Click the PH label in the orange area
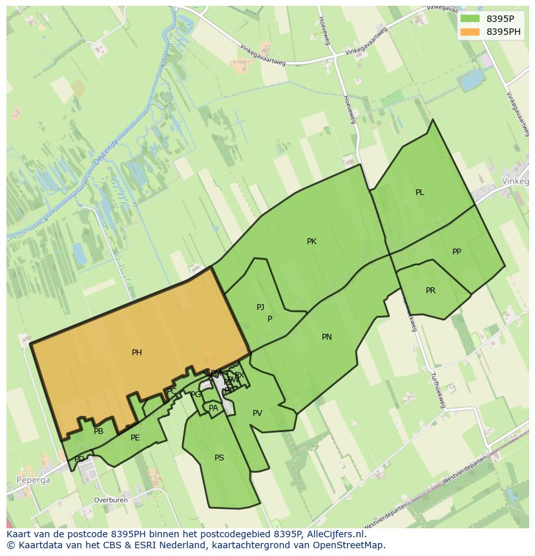(137, 353)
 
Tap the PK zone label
(311, 242)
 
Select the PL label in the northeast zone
(420, 192)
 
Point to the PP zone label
(457, 252)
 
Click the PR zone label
(430, 291)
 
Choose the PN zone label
(327, 337)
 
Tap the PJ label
(260, 307)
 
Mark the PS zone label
(219, 458)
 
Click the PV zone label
(257, 413)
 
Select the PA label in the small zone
(213, 408)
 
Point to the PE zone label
(135, 438)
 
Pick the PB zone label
(98, 431)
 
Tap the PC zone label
(172, 391)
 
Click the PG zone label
(196, 395)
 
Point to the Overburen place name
(110, 500)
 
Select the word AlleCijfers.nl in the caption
(335, 534)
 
